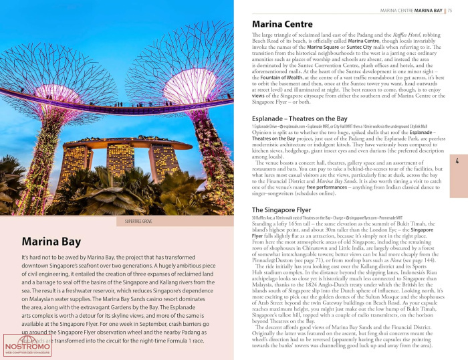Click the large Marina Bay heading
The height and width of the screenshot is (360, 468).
(x=51, y=242)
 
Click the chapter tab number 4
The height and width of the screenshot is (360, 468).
(x=457, y=161)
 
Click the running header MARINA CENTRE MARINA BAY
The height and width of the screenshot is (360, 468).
(x=411, y=11)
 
